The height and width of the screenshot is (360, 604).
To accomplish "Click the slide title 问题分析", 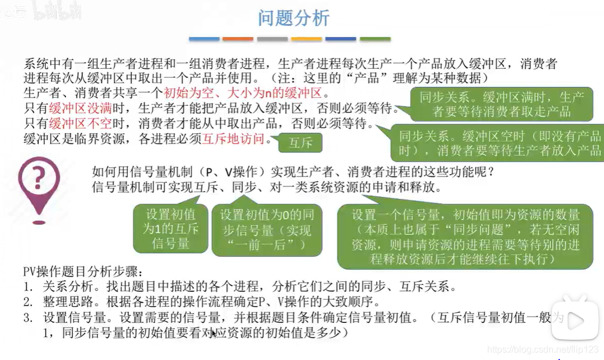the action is point(293,18).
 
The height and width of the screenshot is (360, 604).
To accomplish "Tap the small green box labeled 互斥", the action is point(300,143).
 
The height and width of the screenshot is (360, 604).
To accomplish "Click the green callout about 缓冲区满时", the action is point(502,104).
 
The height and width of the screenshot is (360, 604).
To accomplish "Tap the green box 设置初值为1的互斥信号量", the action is point(171,229).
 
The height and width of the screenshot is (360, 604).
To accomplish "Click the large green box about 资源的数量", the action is point(465,237).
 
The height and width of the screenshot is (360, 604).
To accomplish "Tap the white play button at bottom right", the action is point(574,319).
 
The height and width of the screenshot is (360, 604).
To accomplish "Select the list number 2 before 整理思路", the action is point(28,302).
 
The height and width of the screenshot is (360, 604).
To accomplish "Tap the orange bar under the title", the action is point(238,39).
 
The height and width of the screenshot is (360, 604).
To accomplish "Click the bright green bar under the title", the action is point(375,39).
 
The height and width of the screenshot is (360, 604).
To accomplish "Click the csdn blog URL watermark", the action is point(543,350).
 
